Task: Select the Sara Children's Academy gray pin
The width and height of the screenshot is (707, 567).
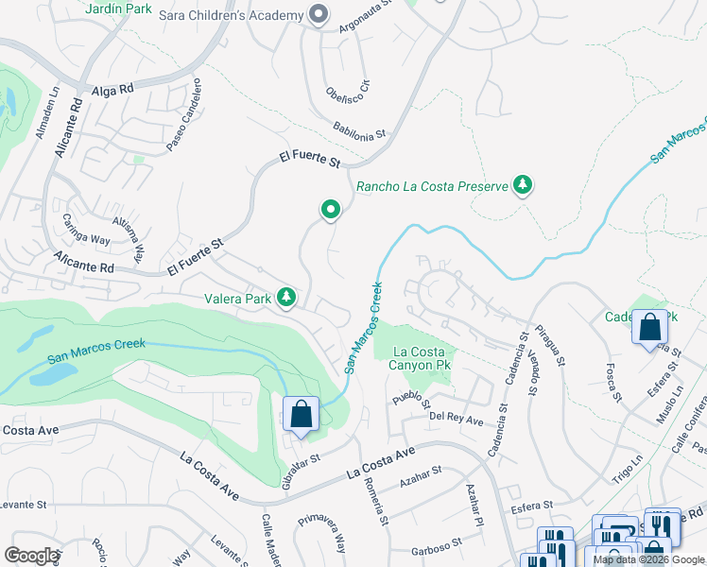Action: (319, 14)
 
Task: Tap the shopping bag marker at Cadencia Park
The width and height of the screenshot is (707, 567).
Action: (650, 327)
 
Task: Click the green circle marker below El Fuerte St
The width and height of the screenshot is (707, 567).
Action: (330, 209)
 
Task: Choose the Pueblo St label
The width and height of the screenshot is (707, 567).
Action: (411, 396)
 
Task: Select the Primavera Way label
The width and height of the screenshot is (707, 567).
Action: (323, 534)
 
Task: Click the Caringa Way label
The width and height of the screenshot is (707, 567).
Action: (86, 232)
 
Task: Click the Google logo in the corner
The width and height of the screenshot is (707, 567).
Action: (31, 555)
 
